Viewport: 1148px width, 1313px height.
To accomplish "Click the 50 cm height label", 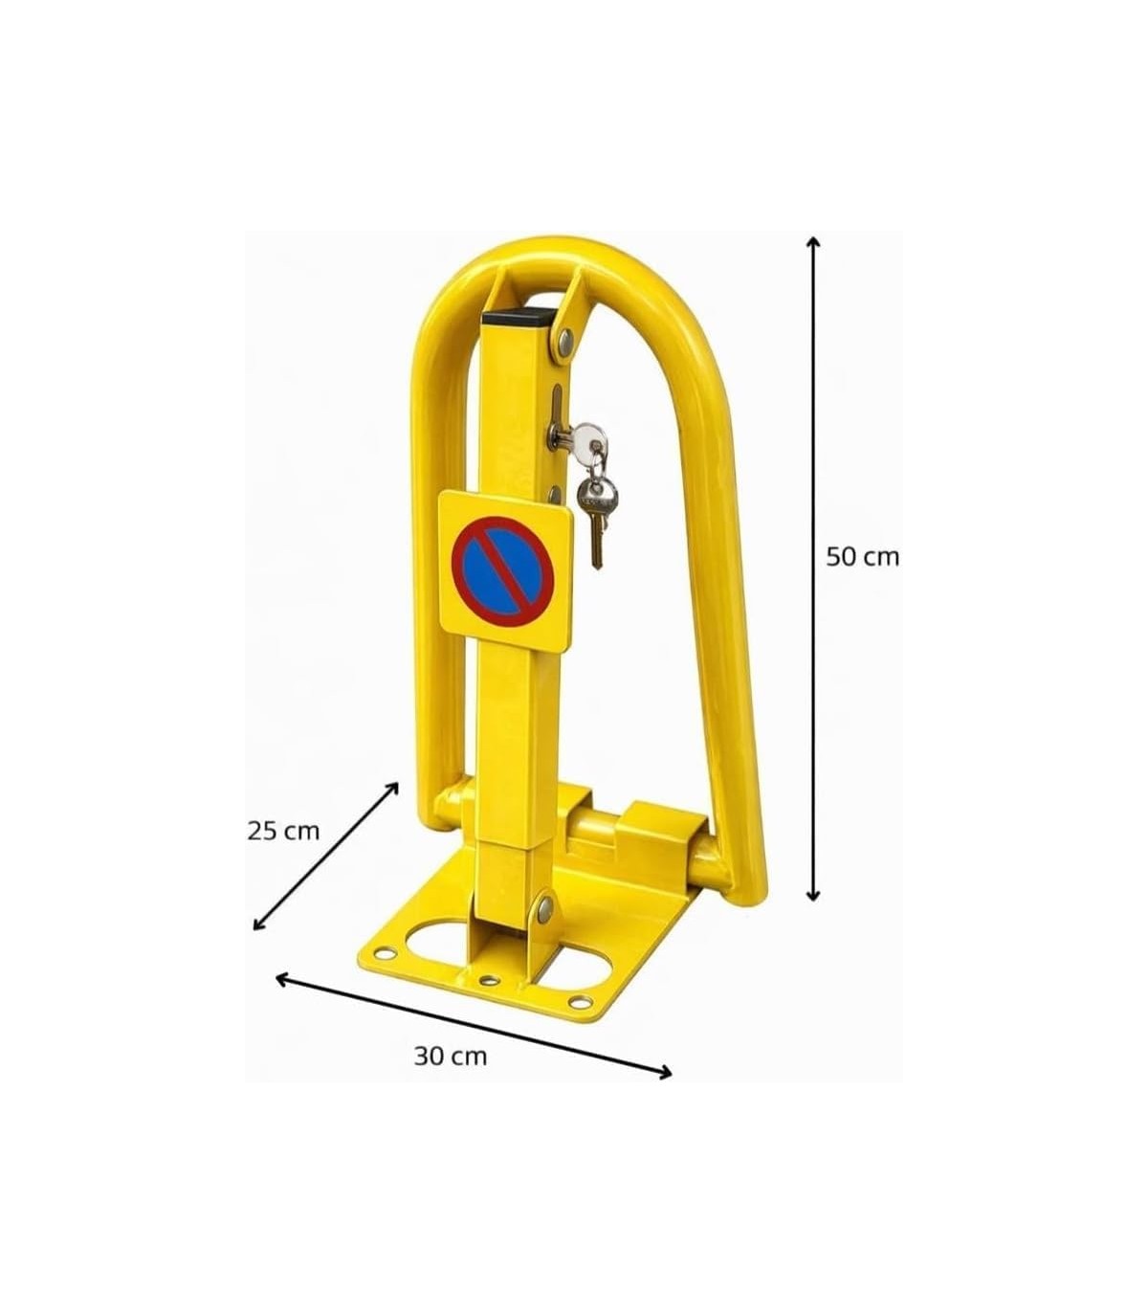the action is point(862,557).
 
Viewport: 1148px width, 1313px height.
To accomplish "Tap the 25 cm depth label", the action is point(283,831).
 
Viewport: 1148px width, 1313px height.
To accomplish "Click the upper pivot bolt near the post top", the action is point(565,340).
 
